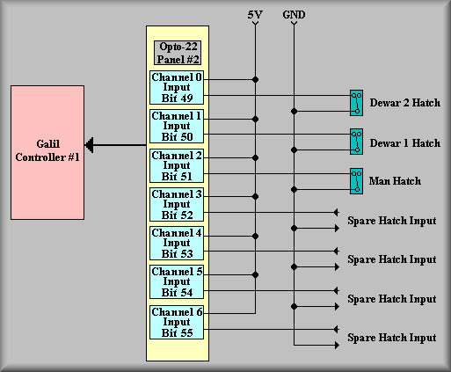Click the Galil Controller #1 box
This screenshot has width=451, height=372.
tap(47, 152)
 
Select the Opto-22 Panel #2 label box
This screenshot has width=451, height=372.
tap(178, 53)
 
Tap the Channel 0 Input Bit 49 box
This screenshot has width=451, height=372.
tap(177, 87)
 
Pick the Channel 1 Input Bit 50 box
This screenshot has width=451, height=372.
tap(177, 127)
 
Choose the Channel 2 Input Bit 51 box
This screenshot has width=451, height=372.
tap(177, 165)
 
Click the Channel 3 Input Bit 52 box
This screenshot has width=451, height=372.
tap(177, 204)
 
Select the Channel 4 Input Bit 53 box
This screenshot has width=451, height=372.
tap(177, 243)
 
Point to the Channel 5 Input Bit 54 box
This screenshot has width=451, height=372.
tap(177, 281)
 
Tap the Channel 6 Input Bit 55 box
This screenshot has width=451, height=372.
tap(177, 322)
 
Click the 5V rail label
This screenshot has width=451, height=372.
tap(255, 15)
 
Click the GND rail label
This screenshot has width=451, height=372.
tap(294, 15)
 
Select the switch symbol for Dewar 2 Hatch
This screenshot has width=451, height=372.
tap(356, 103)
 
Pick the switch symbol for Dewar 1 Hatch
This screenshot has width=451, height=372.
tap(356, 142)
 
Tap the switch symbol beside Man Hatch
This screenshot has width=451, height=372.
tap(356, 181)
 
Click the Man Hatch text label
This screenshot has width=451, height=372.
tap(395, 181)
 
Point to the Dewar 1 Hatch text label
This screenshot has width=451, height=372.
tap(405, 143)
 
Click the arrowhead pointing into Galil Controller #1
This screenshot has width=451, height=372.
tap(89, 145)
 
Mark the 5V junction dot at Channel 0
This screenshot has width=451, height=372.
tap(255, 79)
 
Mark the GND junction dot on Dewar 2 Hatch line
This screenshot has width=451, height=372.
tap(294, 112)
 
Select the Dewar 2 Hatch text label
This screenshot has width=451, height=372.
tap(405, 103)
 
